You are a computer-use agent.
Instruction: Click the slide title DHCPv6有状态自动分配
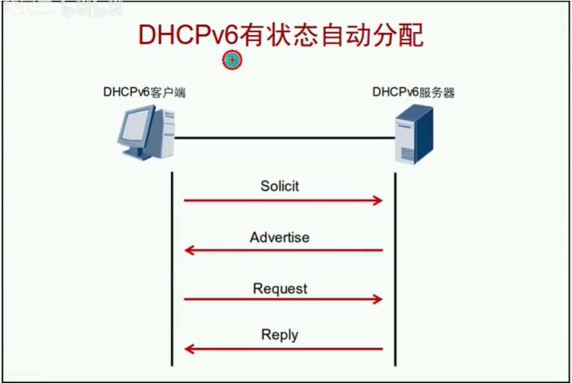click(280, 34)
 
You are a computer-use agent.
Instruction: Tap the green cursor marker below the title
click(232, 60)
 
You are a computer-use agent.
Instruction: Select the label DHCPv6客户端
click(144, 93)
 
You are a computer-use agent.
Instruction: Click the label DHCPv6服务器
click(414, 93)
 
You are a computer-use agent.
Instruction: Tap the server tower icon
click(414, 134)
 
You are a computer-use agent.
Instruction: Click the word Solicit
click(280, 187)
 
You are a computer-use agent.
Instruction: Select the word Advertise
click(280, 237)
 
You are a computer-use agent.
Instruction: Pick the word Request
click(280, 288)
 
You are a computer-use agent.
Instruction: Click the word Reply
click(280, 335)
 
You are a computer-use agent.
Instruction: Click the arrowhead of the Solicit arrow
click(378, 200)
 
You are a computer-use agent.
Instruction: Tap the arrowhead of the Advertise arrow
click(190, 250)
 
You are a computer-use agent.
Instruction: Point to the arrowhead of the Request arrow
click(378, 299)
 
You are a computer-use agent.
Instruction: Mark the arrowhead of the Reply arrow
click(190, 349)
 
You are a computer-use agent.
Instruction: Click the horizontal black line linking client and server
click(284, 137)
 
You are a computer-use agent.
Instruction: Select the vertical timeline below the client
click(172, 269)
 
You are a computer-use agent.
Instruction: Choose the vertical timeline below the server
click(394, 269)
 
